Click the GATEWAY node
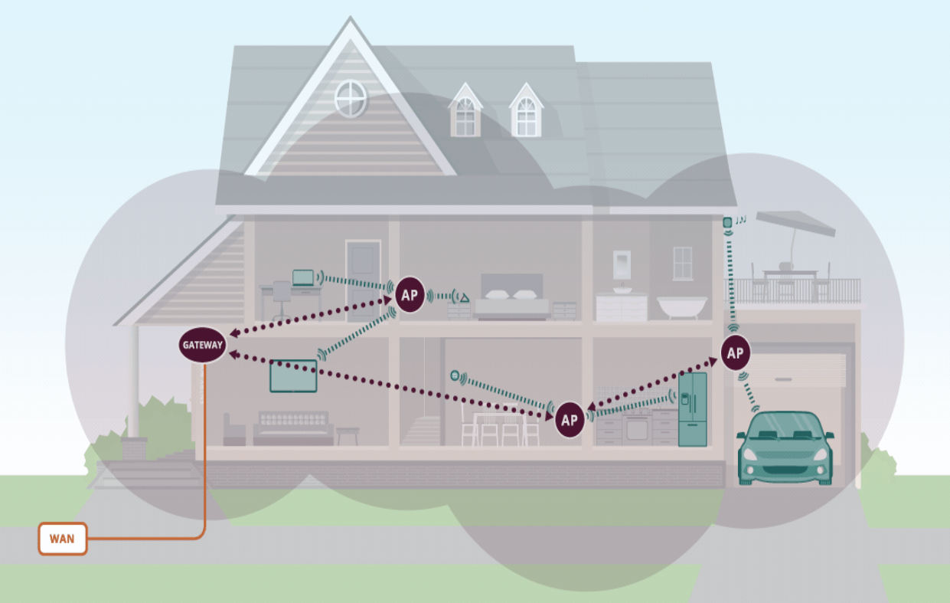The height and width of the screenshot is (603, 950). [x=203, y=345]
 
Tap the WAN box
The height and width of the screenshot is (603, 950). [x=63, y=539]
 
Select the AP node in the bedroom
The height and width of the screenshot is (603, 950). [x=410, y=294]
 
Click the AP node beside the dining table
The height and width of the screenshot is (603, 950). [x=569, y=419]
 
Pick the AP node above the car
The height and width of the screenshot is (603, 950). [x=735, y=352]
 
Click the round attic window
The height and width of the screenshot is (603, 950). [x=351, y=99]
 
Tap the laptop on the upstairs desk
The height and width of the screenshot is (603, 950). [x=303, y=277]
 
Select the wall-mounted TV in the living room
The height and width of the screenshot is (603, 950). [x=293, y=375]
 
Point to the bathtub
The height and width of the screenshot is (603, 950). [x=682, y=306]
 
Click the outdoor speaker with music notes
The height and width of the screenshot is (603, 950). [x=727, y=223]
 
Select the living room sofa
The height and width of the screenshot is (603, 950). [x=293, y=428]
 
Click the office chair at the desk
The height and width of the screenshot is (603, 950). [x=282, y=299]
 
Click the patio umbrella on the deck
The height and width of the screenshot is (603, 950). [x=795, y=224]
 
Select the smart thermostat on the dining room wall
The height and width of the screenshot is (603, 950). [x=455, y=375]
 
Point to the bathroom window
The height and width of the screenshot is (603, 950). [x=682, y=263]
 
